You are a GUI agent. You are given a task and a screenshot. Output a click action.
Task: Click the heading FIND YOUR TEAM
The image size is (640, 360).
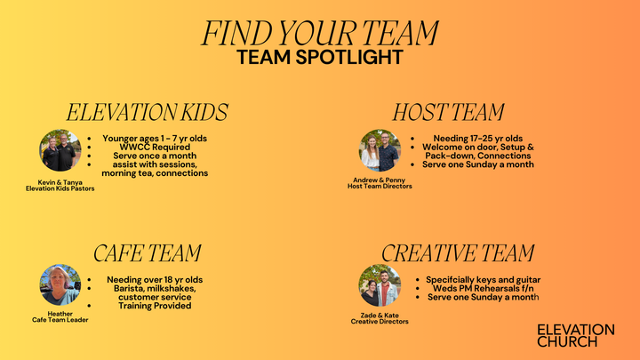(x=320, y=32)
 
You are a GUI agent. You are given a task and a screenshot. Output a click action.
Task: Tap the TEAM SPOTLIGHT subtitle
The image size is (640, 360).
(x=320, y=57)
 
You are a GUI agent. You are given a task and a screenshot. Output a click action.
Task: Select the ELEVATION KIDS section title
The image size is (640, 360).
(x=147, y=112)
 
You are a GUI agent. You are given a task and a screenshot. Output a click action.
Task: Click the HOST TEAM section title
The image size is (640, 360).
(x=449, y=112)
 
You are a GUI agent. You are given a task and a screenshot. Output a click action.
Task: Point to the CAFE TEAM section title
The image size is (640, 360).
(x=147, y=253)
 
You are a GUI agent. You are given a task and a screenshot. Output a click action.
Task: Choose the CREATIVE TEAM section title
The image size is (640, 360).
(x=458, y=253)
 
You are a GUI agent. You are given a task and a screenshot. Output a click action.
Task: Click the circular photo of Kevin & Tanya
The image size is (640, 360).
(x=60, y=150)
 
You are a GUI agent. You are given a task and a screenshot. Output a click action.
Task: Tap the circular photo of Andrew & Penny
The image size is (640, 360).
(x=380, y=150)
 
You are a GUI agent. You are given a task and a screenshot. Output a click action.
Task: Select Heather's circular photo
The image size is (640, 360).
(x=60, y=285)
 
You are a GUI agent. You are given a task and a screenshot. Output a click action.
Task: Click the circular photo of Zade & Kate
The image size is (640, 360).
(x=380, y=285)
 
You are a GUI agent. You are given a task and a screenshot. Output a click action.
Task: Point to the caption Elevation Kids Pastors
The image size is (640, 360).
(x=60, y=188)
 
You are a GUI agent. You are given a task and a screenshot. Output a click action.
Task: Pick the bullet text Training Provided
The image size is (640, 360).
(x=155, y=306)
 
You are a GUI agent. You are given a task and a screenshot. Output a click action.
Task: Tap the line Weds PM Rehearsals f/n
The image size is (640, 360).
(x=484, y=288)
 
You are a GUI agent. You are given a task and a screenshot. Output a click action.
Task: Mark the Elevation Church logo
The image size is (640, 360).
(x=575, y=335)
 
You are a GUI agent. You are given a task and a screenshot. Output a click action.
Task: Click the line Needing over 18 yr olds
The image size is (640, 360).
(x=155, y=279)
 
